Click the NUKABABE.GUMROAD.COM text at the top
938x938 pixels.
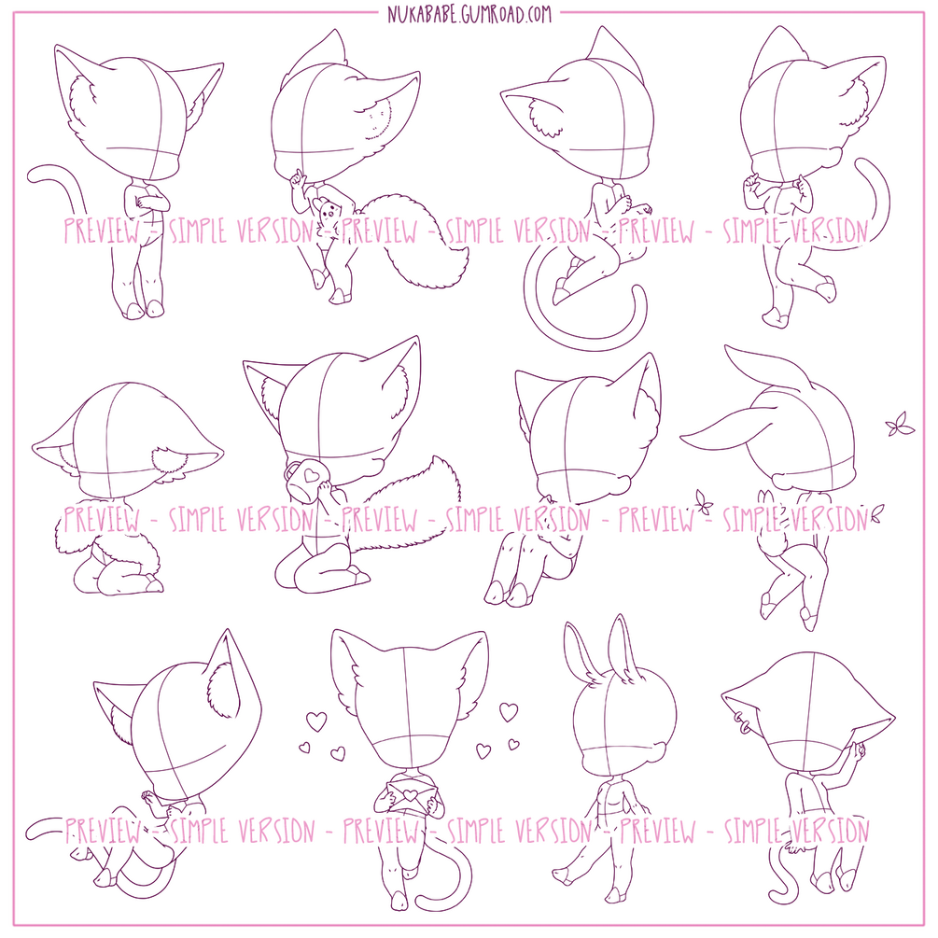coord(469,13)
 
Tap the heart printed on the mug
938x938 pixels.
coord(311,475)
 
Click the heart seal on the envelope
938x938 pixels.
coord(409,793)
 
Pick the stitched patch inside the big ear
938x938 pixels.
coord(379,119)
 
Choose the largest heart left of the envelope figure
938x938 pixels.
coord(316,721)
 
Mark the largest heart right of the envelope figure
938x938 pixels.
coord(509,711)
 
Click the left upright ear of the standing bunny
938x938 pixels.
coord(579,649)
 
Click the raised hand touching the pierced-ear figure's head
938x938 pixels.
coord(859,751)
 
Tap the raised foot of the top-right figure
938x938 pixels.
coord(826,289)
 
